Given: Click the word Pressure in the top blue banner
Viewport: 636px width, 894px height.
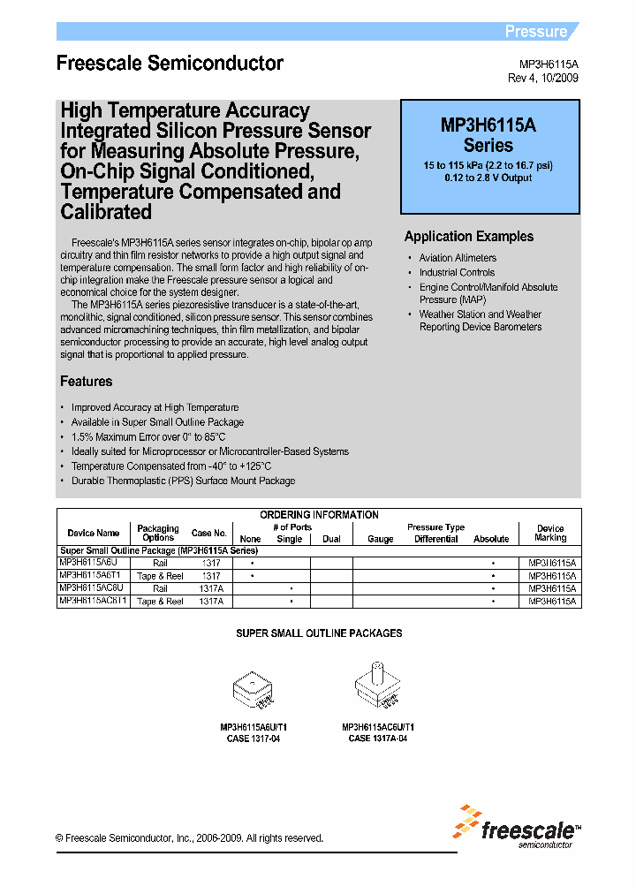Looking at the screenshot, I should click(x=535, y=32).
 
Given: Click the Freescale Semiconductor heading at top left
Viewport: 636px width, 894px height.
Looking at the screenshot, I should click(x=170, y=64).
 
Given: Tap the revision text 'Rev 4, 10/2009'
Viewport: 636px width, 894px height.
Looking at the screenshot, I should click(x=543, y=79).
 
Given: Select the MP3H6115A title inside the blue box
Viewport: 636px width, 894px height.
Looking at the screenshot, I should click(x=488, y=125).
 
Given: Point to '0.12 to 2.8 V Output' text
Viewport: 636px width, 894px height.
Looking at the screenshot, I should click(x=488, y=178).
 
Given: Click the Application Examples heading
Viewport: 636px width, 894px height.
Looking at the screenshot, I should click(x=469, y=237).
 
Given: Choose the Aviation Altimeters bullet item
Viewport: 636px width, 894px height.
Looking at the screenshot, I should click(x=458, y=258).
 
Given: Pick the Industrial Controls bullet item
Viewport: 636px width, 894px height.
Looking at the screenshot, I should click(x=457, y=273).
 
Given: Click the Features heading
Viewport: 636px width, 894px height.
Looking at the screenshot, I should click(x=86, y=382).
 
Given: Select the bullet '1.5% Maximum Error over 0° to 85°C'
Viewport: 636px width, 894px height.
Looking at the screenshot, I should click(x=148, y=436).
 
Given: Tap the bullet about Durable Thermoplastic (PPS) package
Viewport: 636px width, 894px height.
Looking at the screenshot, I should click(x=183, y=481).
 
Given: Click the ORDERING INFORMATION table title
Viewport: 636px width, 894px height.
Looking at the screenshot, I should click(x=319, y=515).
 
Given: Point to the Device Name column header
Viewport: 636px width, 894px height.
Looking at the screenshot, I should click(x=94, y=534).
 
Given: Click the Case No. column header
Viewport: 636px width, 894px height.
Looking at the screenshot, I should click(x=209, y=534).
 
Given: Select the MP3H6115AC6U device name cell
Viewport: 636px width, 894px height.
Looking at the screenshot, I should click(x=94, y=588).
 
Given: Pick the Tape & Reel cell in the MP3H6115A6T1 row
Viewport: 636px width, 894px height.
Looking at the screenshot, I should click(x=160, y=576).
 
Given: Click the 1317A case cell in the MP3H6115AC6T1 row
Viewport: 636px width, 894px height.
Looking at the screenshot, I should click(x=210, y=601).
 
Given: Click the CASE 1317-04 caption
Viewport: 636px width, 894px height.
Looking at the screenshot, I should click(x=254, y=739).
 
